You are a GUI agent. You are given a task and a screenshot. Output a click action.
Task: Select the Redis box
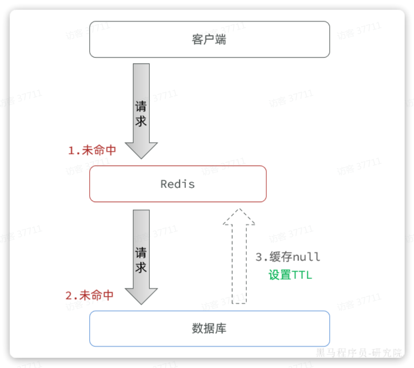pyautogui.click(x=232, y=184)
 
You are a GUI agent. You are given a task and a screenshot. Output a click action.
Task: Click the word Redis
pyautogui.click(x=178, y=184)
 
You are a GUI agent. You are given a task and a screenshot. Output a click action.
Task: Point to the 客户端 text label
pyautogui.click(x=209, y=40)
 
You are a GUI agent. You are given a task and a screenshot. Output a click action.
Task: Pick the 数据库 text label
pyautogui.click(x=209, y=329)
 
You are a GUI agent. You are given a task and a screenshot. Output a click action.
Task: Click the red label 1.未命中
pyautogui.click(x=92, y=150)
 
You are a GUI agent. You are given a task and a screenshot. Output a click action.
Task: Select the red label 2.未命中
pyautogui.click(x=90, y=295)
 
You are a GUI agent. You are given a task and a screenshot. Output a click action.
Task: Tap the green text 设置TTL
pyautogui.click(x=290, y=275)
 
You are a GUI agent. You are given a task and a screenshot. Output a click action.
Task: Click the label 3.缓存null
pyautogui.click(x=287, y=257)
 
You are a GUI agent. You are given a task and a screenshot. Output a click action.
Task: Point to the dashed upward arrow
pyautogui.click(x=239, y=261)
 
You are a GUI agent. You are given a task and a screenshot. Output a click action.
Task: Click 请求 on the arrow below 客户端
pyautogui.click(x=141, y=114)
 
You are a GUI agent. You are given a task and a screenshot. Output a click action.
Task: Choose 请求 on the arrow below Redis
pyautogui.click(x=141, y=260)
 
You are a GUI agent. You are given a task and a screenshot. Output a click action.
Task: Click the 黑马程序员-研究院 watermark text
pyautogui.click(x=359, y=353)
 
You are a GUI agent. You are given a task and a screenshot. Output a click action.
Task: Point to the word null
pyautogui.click(x=307, y=257)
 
